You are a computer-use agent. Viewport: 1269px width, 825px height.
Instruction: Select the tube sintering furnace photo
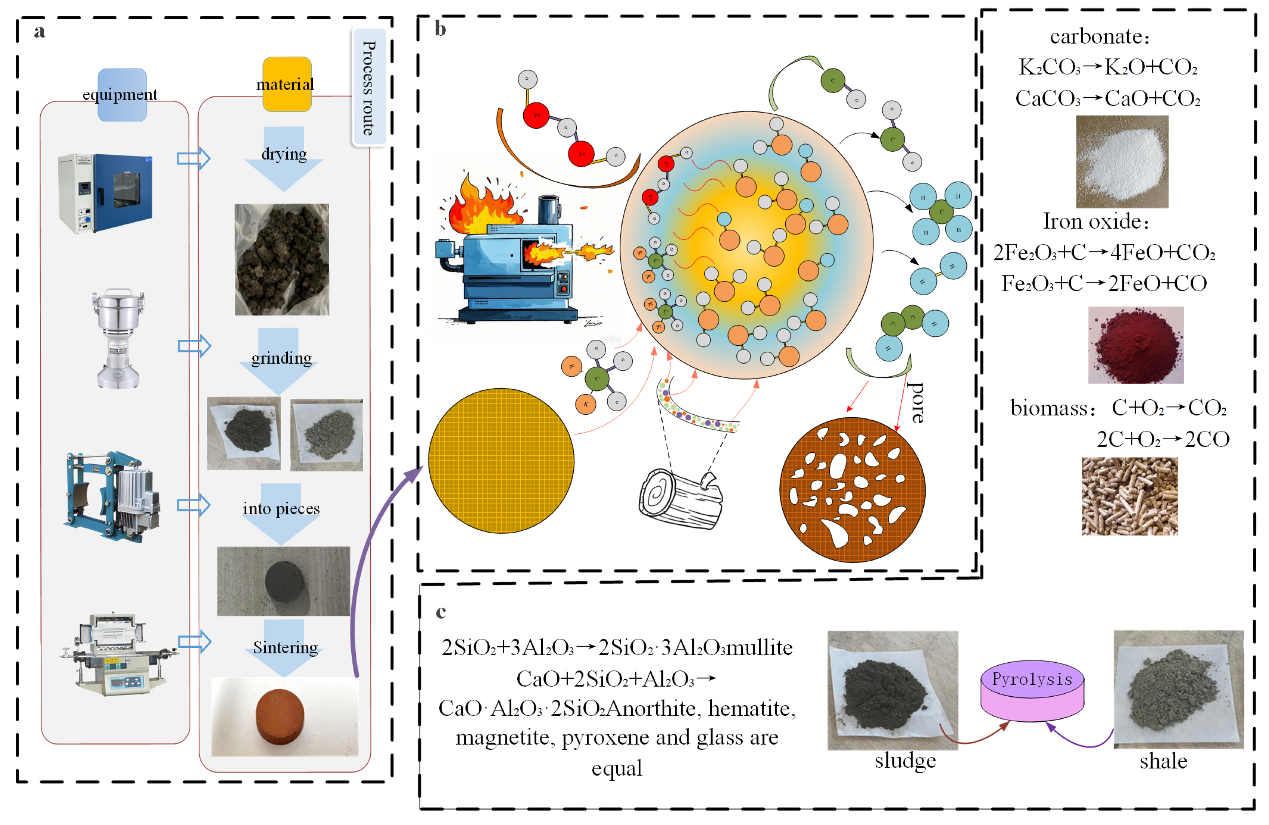click(118, 655)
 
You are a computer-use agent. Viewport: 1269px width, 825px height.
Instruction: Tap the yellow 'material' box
click(287, 84)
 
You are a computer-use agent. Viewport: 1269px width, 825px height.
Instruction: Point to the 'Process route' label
click(369, 88)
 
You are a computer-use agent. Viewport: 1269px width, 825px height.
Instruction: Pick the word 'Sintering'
click(285, 647)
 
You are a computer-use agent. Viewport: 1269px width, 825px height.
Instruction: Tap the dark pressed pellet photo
click(284, 581)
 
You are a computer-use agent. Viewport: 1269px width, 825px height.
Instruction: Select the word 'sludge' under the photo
click(905, 760)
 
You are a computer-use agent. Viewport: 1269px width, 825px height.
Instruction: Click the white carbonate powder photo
click(1121, 161)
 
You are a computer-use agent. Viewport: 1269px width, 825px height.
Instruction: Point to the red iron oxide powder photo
click(1136, 345)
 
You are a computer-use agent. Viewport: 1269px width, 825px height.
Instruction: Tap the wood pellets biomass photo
click(1129, 496)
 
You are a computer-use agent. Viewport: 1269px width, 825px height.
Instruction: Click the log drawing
click(681, 499)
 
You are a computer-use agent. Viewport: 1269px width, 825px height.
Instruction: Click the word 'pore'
click(916, 402)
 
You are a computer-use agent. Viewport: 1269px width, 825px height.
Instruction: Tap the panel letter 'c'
click(441, 611)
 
